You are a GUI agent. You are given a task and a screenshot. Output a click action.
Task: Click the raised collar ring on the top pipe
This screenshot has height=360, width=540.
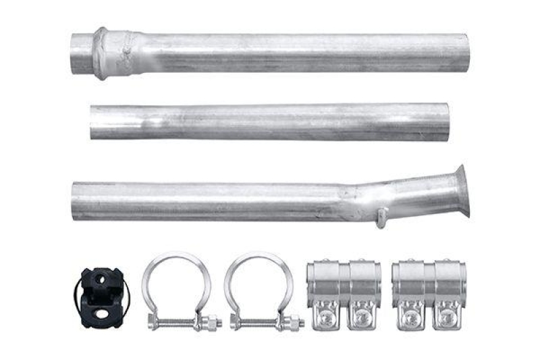101,53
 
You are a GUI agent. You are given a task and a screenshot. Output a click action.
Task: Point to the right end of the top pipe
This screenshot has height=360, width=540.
465,53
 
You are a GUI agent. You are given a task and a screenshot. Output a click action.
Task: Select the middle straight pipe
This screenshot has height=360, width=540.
270,122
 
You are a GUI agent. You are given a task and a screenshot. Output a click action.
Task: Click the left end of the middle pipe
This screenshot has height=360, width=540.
93,123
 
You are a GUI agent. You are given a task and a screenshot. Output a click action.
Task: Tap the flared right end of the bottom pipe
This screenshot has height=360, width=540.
462,190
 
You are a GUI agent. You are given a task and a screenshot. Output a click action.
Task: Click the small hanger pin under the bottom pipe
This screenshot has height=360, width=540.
382,217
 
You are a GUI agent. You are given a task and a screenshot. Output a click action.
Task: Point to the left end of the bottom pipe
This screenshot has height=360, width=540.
74,201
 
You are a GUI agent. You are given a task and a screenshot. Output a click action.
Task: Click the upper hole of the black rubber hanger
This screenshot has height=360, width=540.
101,278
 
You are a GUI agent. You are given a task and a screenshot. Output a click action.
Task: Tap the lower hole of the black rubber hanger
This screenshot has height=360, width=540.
101,313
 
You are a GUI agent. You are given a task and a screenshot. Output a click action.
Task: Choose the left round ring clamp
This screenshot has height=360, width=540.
176,287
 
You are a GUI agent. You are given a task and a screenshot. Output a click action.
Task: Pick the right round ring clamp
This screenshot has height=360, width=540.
259,287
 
